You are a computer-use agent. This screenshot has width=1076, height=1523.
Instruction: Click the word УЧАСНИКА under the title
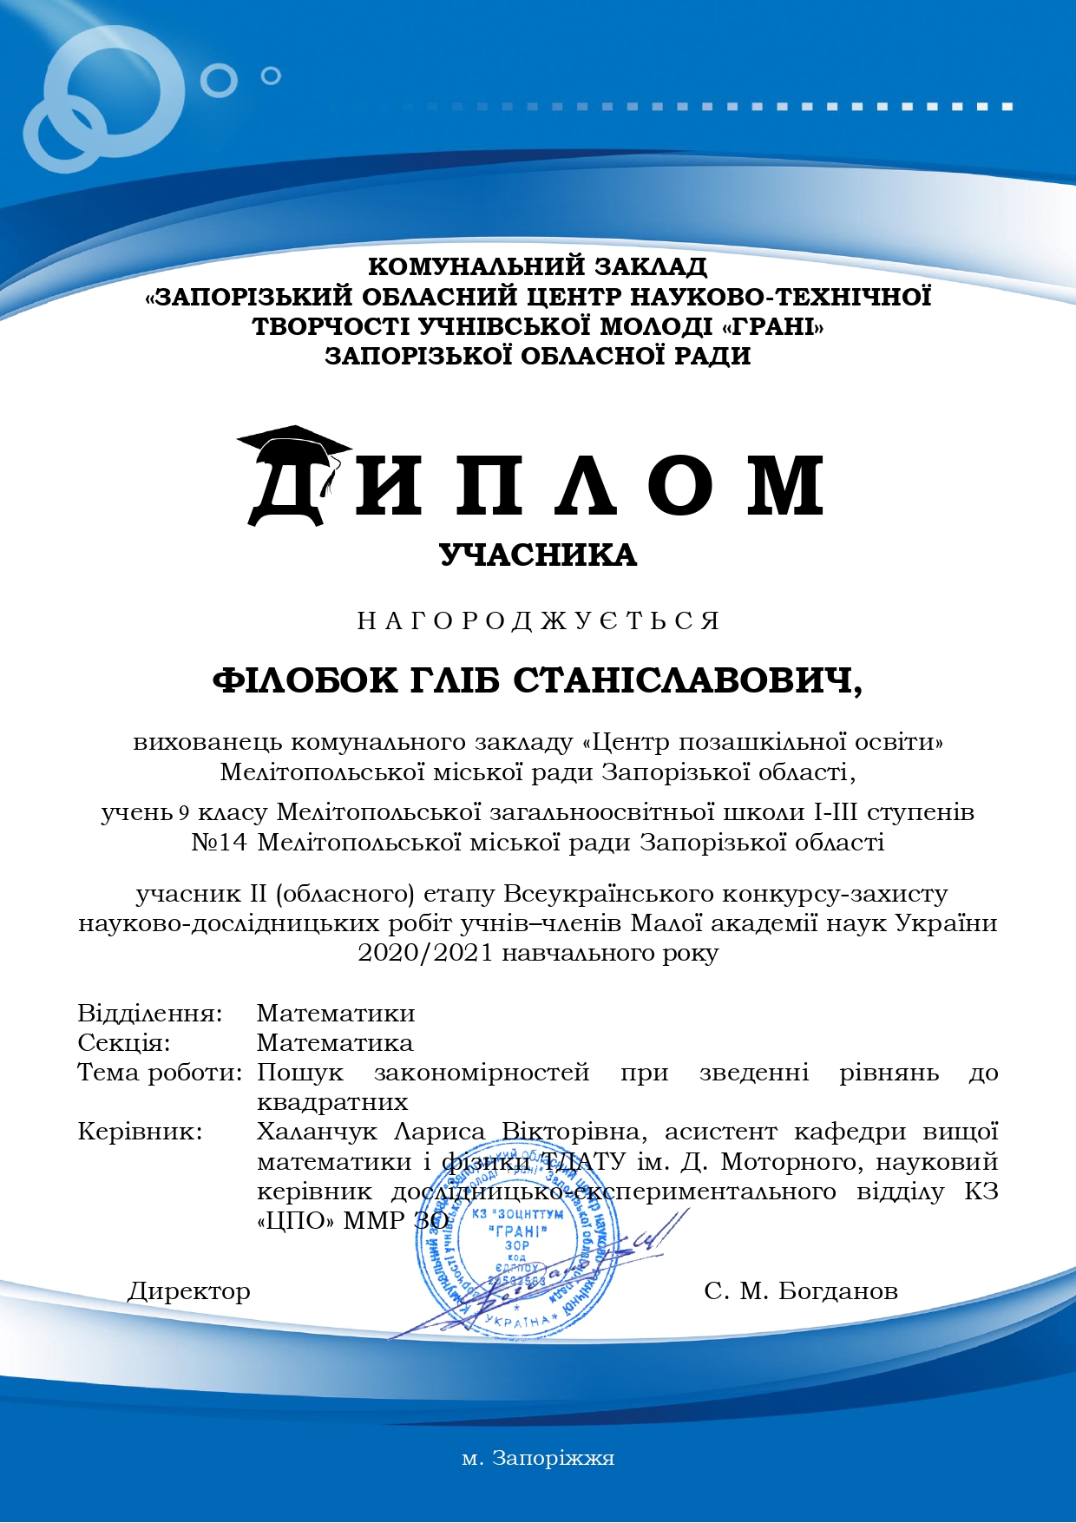coord(538,555)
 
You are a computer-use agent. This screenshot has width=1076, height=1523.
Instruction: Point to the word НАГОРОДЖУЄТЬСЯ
coord(538,621)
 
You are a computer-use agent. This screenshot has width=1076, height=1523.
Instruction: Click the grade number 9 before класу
coord(183,813)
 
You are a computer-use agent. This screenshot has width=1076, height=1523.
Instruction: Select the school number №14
coord(220,843)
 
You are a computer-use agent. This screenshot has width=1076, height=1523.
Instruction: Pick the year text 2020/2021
coord(425,953)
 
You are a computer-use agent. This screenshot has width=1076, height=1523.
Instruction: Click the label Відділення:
coord(150,1013)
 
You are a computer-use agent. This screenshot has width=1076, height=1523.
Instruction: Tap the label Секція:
coord(124,1042)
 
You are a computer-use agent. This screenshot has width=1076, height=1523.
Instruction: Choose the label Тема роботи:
coord(160,1072)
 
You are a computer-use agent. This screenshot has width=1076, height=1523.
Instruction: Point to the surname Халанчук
coord(317,1132)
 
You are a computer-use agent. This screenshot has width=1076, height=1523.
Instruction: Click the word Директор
coord(189,1291)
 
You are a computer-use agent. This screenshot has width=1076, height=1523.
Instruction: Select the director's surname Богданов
coord(838,1291)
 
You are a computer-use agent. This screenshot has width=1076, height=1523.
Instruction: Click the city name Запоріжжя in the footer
coord(554,1458)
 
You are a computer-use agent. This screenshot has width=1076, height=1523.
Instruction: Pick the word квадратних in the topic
coord(332,1102)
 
